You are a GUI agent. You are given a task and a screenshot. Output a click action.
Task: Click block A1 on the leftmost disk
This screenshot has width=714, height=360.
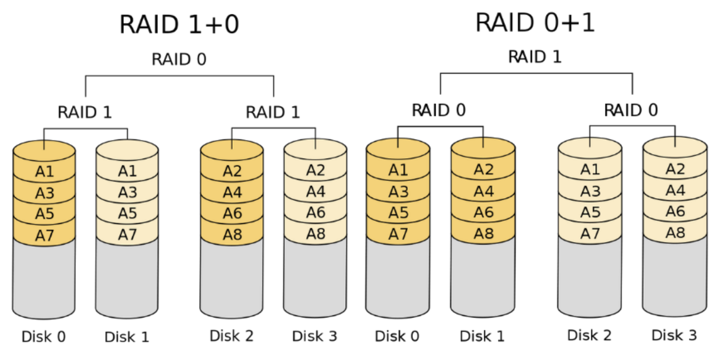pos(45,172)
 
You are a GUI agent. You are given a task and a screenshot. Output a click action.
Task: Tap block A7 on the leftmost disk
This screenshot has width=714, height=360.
pos(45,236)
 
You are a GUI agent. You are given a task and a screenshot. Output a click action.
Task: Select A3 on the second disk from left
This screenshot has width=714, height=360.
pos(127,193)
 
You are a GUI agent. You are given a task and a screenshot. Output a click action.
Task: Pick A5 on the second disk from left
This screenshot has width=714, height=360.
pos(127,214)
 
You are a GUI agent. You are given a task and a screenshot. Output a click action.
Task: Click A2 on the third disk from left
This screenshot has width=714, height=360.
pos(232,171)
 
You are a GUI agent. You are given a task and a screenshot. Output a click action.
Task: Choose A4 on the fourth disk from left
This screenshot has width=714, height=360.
pos(315,191)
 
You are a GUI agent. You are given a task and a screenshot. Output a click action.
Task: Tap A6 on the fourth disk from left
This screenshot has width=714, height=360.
pos(315,213)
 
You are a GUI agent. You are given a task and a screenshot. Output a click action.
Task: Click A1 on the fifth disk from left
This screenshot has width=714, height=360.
pos(398,170)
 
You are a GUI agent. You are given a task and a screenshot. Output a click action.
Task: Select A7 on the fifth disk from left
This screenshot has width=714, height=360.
pos(398,234)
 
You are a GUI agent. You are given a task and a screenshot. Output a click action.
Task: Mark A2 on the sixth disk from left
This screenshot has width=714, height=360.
pos(484,169)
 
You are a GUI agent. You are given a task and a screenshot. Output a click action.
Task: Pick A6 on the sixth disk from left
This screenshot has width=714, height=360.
pos(484,212)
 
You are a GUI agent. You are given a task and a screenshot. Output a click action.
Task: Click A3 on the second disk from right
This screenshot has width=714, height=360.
pos(590,191)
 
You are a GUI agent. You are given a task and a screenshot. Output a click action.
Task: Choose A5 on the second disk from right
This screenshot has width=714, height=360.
pos(590,213)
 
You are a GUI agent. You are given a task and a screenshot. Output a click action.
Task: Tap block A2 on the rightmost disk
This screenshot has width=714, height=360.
pos(675,169)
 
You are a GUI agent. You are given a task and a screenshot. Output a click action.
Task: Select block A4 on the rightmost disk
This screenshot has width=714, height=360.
pos(675,190)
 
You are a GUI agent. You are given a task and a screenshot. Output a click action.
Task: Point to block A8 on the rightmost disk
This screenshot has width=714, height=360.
pos(675,233)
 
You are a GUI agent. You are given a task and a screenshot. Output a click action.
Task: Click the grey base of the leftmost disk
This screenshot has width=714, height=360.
pos(44,279)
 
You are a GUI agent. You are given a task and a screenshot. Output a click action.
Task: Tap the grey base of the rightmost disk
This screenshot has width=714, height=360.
pos(674,276)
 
